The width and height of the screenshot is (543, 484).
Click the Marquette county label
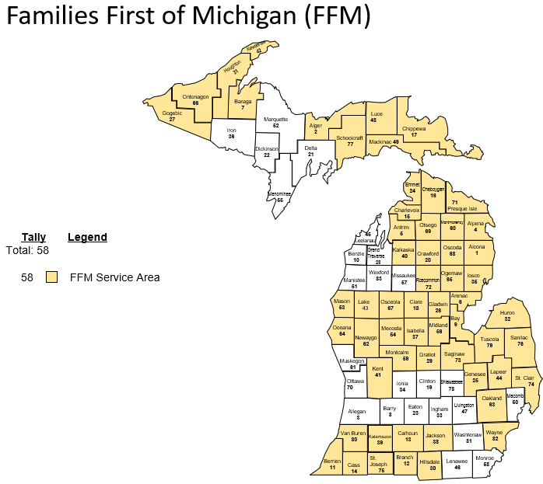(x=275, y=119)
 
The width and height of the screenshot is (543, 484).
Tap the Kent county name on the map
(x=378, y=368)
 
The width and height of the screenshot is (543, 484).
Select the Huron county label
(x=506, y=312)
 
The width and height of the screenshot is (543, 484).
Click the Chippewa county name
(x=414, y=128)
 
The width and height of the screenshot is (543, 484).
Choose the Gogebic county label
(x=172, y=113)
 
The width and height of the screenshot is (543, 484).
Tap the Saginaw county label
(x=454, y=353)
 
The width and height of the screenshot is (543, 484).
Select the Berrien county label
(x=332, y=461)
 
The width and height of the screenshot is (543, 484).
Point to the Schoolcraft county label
(x=350, y=138)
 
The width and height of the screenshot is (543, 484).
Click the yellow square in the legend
(x=52, y=277)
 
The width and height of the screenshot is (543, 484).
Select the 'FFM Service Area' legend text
(x=114, y=277)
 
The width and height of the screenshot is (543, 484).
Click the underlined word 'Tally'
(x=33, y=237)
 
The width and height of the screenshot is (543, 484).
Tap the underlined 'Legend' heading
(x=87, y=237)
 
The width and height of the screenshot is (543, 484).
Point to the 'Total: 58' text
(x=27, y=250)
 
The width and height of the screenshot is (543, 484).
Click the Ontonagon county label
(x=195, y=97)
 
